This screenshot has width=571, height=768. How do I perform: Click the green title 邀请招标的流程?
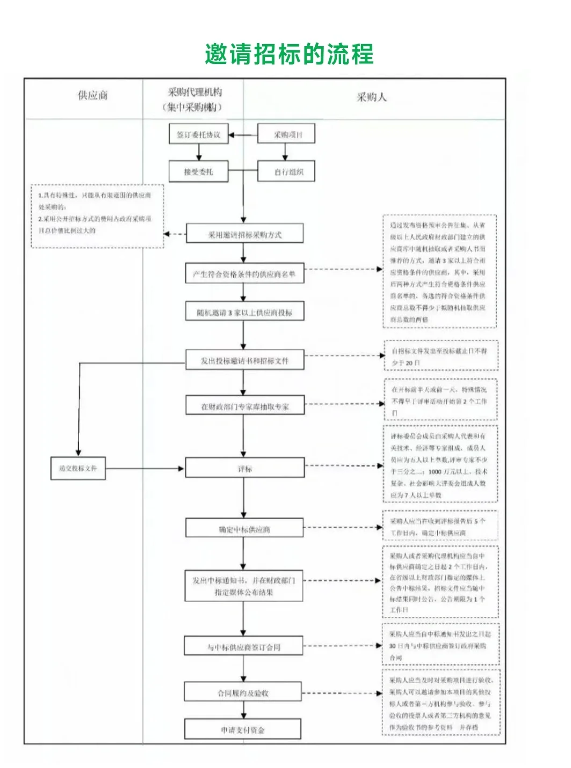coord(289,54)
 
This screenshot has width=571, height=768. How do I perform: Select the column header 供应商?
coord(93,96)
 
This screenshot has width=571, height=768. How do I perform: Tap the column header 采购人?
coord(372,97)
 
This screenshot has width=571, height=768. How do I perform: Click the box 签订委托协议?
coord(199,134)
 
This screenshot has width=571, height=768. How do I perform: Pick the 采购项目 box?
coord(286,134)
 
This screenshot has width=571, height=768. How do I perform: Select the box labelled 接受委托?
coord(199,171)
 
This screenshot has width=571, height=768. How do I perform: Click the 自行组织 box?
coord(286,172)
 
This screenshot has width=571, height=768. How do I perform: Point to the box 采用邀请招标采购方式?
coord(245,234)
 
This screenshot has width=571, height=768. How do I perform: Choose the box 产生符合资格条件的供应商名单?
coord(245,274)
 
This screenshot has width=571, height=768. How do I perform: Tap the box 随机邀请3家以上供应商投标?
coord(245,312)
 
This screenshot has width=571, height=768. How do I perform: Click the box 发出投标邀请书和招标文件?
coord(245,361)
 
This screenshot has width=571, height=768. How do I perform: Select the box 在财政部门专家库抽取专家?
coord(245,406)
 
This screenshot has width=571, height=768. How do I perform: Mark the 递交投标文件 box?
coord(78,468)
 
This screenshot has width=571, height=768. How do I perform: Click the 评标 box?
coord(245,469)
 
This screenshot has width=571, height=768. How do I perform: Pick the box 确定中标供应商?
coord(245,529)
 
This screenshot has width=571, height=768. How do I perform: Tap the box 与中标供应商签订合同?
coord(244,647)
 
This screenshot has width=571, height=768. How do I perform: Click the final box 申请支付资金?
coord(243,730)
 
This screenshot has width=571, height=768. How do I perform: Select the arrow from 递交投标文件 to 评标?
coord(145,469)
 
